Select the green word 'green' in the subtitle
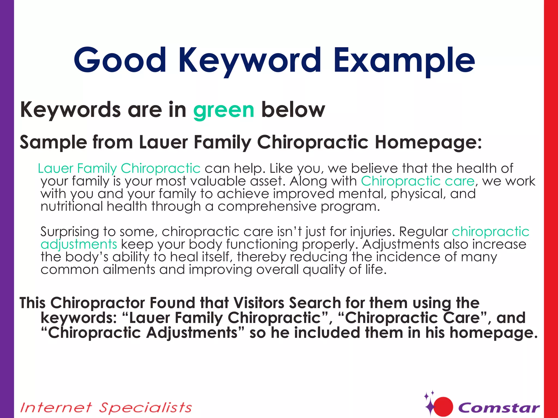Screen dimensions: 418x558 [223, 110]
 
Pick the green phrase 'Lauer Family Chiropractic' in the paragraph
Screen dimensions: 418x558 [119, 168]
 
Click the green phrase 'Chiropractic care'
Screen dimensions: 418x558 [418, 181]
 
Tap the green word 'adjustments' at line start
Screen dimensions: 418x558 [79, 244]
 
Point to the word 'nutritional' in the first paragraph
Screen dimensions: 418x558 [72, 206]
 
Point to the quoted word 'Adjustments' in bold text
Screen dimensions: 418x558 [195, 333]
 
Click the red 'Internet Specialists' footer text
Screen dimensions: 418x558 [106, 408]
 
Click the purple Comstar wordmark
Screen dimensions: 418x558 [499, 408]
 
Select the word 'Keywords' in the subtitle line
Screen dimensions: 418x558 [70, 110]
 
